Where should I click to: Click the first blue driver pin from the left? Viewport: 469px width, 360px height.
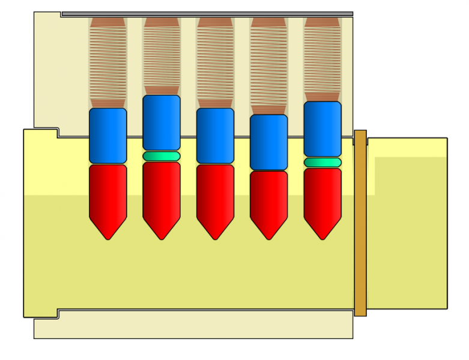pos(108,136)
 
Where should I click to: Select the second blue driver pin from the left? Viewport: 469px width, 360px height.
pos(162,122)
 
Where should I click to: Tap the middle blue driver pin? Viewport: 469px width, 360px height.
pos(215,136)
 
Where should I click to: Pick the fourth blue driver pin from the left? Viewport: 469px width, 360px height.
pos(268,142)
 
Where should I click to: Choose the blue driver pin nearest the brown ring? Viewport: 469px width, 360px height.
pos(322,129)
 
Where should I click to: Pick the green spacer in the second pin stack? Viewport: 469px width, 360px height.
pos(162,156)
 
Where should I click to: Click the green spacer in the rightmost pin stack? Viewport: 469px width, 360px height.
pos(322,162)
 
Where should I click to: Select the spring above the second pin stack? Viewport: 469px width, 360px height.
pos(162,56)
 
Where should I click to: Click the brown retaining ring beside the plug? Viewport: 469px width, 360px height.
pos(360,223)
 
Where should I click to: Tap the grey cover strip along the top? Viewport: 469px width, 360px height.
pos(207,14)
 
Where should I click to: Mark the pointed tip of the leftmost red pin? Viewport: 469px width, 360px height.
pos(108,236)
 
